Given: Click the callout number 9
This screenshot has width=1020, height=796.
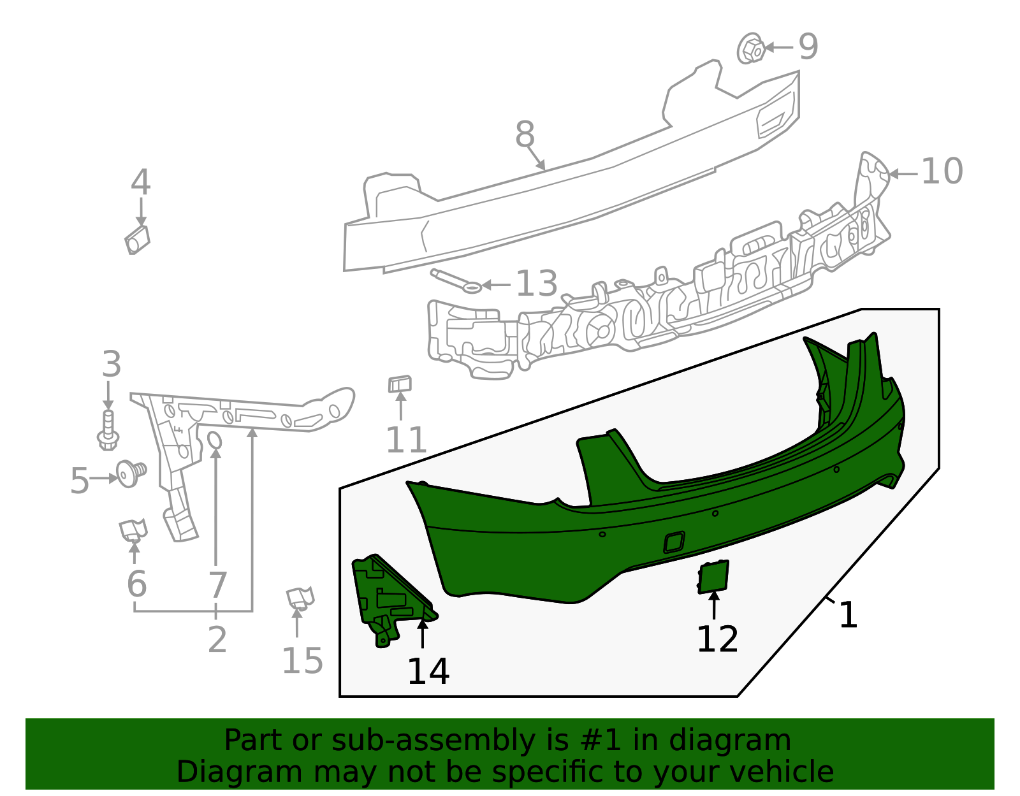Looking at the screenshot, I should pyautogui.click(x=808, y=47).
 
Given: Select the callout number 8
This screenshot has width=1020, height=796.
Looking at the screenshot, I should pyautogui.click(x=525, y=135).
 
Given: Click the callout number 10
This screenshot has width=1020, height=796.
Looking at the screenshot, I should pyautogui.click(x=942, y=172).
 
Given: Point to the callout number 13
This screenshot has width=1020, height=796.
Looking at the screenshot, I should pyautogui.click(x=536, y=284).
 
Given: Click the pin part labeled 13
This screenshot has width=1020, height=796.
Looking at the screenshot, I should pyautogui.click(x=456, y=281).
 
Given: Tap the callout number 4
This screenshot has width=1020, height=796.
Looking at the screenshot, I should pyautogui.click(x=140, y=183).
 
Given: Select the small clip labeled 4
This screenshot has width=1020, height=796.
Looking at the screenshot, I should pyautogui.click(x=137, y=240).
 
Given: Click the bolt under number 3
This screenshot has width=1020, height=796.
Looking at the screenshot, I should pyautogui.click(x=108, y=430).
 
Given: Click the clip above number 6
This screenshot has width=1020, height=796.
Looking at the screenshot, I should pyautogui.click(x=133, y=530).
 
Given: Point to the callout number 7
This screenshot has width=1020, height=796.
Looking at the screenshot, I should pyautogui.click(x=217, y=585).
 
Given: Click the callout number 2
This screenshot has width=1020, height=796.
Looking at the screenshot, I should pyautogui.click(x=217, y=640).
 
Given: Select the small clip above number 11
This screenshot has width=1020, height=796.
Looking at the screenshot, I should pyautogui.click(x=400, y=384).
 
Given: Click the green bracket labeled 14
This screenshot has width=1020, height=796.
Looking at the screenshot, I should pyautogui.click(x=386, y=597).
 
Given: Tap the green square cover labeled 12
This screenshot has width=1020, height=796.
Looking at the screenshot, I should pyautogui.click(x=713, y=576).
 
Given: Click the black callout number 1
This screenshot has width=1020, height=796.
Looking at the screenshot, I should pyautogui.click(x=848, y=616).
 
